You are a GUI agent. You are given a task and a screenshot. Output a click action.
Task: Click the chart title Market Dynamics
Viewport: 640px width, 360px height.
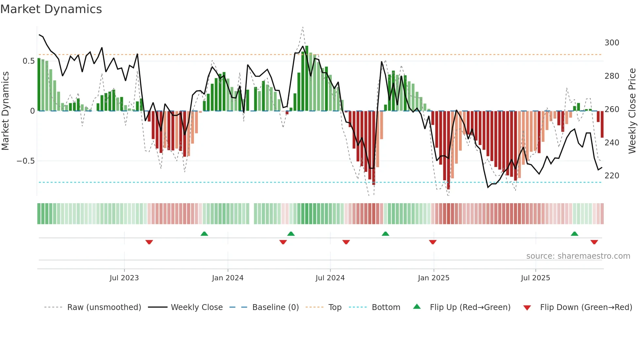pos(51,9)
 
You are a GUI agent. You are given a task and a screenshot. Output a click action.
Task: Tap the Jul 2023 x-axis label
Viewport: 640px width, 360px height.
pos(124,278)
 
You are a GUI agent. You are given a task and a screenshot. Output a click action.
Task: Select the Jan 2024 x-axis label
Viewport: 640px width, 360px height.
pos(228,278)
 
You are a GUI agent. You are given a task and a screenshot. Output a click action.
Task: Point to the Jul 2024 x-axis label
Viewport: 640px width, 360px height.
pos(330,278)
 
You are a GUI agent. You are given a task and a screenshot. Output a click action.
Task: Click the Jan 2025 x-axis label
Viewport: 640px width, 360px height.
pos(434,278)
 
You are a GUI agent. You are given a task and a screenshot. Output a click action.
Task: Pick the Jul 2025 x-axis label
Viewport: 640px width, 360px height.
pos(536,278)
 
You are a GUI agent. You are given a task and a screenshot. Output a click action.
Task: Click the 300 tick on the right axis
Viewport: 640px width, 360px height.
pos(612,43)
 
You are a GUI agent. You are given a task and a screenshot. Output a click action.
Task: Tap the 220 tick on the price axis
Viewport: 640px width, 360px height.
pos(612,176)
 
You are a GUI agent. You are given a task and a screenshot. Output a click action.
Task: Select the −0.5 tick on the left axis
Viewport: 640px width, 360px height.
pos(25,161)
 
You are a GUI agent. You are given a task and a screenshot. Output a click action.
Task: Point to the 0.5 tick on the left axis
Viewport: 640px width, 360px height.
pos(28,61)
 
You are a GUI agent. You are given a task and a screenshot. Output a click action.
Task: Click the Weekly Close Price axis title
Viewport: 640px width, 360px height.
pos(632,111)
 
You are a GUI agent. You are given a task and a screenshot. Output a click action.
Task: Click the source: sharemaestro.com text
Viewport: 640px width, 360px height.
pos(578,256)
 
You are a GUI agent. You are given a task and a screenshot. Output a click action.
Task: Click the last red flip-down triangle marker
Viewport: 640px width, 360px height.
pos(594,242)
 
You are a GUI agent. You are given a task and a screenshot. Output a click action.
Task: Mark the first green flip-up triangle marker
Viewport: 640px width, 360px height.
pos(204,234)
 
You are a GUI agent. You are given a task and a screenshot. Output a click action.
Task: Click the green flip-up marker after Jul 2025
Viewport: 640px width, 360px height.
pos(574,234)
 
